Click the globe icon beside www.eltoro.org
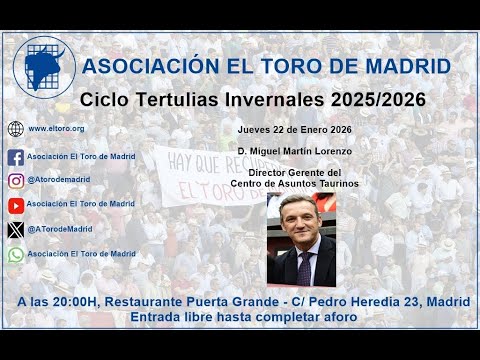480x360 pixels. tap(15, 129)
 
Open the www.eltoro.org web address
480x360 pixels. tap(55, 129)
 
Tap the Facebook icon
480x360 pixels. tap(15, 157)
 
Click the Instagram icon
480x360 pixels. tap(15, 181)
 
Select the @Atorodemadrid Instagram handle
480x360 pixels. tap(60, 181)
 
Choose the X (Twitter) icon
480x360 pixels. tap(15, 230)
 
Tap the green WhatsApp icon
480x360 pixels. tap(15, 254)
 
